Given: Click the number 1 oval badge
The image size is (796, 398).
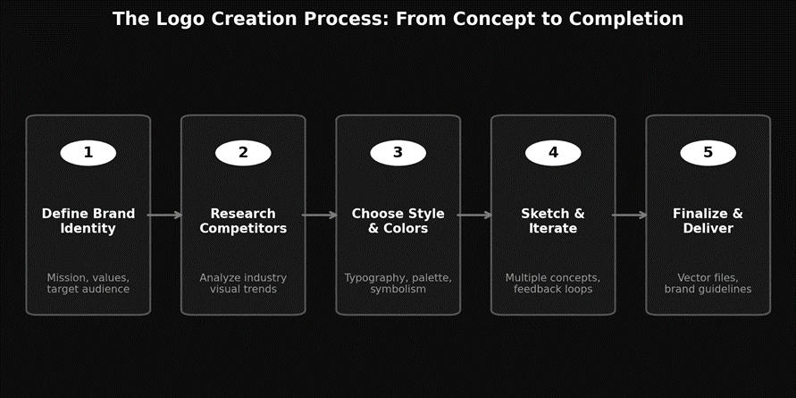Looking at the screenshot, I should [x=88, y=153].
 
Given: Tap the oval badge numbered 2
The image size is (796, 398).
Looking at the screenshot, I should [x=243, y=153].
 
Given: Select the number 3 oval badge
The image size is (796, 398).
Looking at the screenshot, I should [x=398, y=153].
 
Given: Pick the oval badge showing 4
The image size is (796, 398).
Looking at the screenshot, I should [x=553, y=153].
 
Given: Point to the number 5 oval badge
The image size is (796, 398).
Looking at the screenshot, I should [x=708, y=153].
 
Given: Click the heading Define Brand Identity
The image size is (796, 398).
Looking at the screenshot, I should [x=88, y=221].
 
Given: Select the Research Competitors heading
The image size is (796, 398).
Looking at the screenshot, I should [x=243, y=221].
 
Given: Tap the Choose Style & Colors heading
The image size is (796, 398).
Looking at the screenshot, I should [x=398, y=221].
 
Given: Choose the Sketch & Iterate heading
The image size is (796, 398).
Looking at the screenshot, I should [x=553, y=221].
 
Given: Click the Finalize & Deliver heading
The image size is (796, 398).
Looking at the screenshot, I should [x=708, y=221].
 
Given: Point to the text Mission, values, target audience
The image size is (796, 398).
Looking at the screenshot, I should [x=88, y=284].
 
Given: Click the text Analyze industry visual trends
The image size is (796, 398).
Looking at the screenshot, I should [x=243, y=284].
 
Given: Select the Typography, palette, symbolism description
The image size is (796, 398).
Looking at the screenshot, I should [x=398, y=284].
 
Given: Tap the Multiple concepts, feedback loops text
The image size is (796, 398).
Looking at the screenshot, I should [x=553, y=284].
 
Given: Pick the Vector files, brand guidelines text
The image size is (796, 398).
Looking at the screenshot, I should [x=708, y=284].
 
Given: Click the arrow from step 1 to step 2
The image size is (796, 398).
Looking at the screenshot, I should [x=165, y=215].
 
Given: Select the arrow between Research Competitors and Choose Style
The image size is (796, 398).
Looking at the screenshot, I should [x=320, y=215].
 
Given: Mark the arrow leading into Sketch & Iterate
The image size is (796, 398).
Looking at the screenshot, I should [x=475, y=215].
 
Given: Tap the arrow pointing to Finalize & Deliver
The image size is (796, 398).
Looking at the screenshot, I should [x=630, y=215].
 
